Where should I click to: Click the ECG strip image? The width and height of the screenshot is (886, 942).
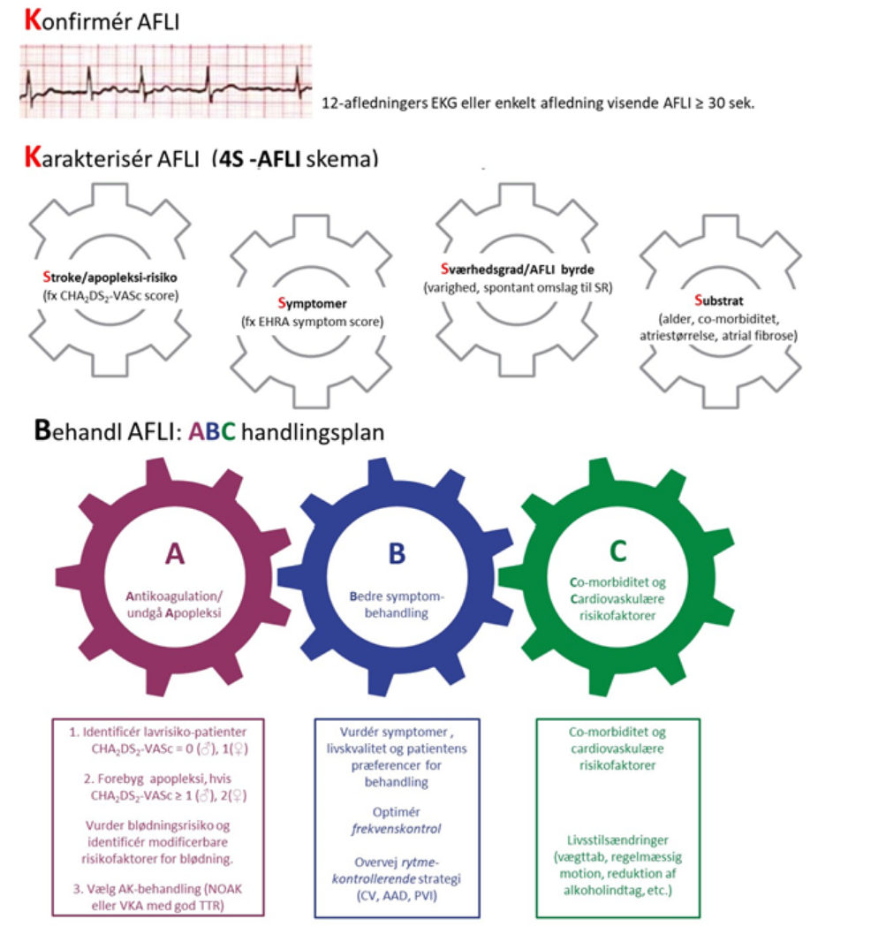tap(166, 81)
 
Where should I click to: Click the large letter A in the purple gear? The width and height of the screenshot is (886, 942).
tap(175, 552)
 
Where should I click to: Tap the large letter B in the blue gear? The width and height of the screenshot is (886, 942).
tap(397, 552)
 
